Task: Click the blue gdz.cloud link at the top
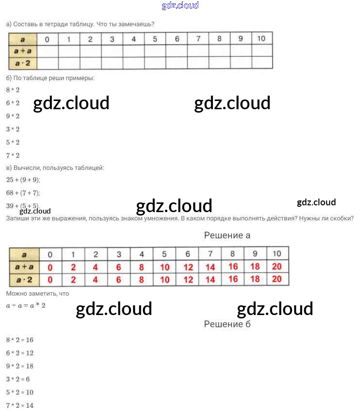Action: (180, 6)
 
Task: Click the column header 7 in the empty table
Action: (198, 39)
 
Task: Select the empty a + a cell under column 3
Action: (112, 51)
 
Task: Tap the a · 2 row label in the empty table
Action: (23, 63)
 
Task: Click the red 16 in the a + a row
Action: (233, 266)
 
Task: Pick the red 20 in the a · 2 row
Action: (277, 279)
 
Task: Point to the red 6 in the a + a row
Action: (119, 267)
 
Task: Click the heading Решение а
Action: (227, 235)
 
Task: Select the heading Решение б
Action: (227, 324)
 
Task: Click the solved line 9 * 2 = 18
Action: (20, 366)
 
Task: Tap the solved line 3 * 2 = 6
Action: (18, 379)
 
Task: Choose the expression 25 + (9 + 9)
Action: (23, 180)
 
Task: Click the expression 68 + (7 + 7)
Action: (23, 193)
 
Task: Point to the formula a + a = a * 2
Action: (26, 306)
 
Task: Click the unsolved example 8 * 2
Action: (13, 90)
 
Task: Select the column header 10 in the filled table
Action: (277, 253)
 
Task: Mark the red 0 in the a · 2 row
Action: (50, 280)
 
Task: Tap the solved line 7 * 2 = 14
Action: (20, 405)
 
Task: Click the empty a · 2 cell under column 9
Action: (241, 63)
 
